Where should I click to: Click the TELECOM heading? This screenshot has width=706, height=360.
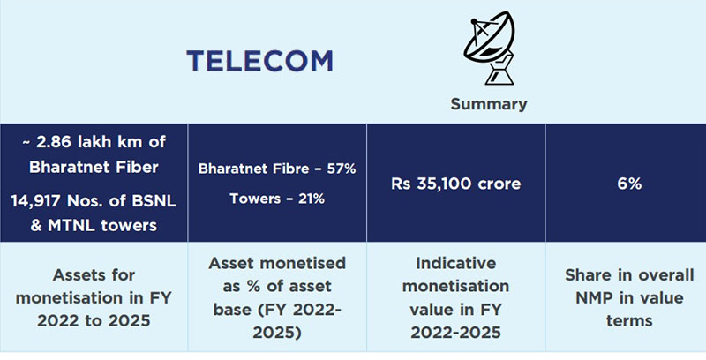point(260,61)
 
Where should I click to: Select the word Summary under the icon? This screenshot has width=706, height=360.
point(488,104)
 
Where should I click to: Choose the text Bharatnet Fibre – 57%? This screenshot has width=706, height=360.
point(276,169)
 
